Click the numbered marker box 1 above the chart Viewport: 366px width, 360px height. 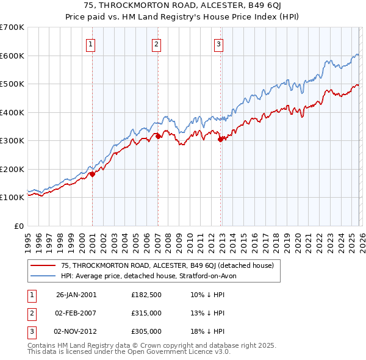tap(90, 43)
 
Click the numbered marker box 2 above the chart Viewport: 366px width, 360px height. tap(156, 43)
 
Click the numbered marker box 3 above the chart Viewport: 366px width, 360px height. tap(218, 43)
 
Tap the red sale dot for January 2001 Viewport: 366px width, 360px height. tap(93, 174)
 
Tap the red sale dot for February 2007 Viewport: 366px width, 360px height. tap(158, 137)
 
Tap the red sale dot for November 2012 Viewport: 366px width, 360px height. tap(220, 140)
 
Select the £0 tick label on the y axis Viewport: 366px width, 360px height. tap(18, 226)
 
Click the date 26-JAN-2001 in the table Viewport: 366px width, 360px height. tap(76, 295)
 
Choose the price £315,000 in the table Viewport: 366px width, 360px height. tap(146, 313)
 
